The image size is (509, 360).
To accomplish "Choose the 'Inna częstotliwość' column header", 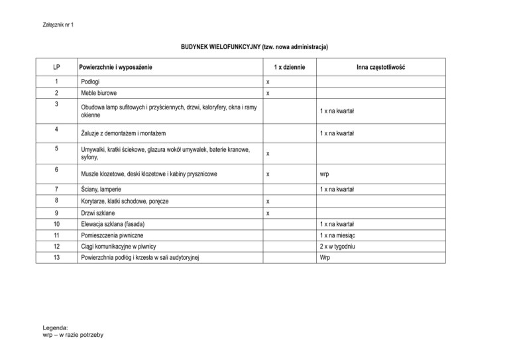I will click(x=380, y=68).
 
